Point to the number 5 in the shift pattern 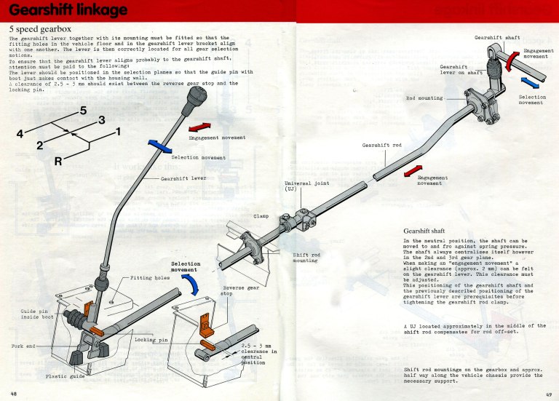click(83, 111)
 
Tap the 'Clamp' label click(261, 216)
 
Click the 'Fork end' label click(25, 345)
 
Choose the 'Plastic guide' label click(66, 376)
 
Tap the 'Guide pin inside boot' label click(34, 315)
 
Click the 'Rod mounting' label click(424, 98)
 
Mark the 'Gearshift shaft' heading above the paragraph click(429, 231)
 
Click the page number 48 click(13, 393)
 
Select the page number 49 click(549, 393)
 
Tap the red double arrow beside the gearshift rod click(412, 172)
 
